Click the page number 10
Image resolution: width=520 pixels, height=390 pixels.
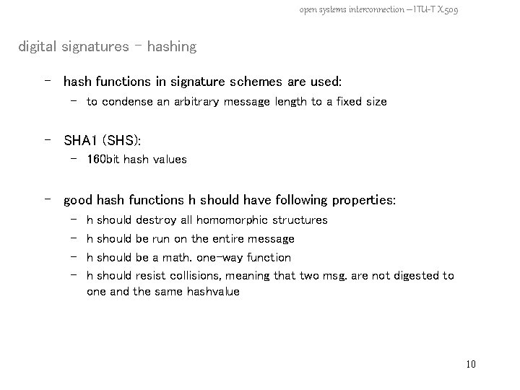click(x=471, y=364)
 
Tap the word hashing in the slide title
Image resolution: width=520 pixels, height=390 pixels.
click(x=171, y=47)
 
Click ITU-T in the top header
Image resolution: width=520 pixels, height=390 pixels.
click(x=420, y=9)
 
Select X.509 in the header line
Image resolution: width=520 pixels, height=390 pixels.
click(x=448, y=9)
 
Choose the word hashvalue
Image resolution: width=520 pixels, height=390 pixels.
click(x=213, y=292)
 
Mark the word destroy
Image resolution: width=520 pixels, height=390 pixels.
click(x=155, y=220)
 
